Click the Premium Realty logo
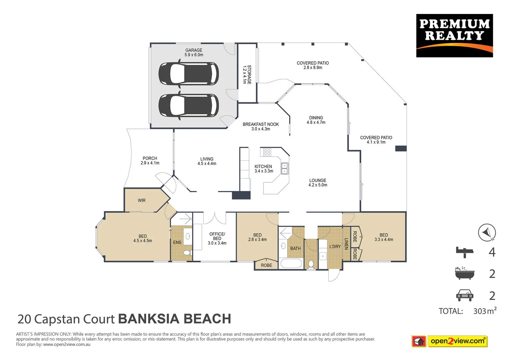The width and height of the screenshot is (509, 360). pyautogui.click(x=454, y=35)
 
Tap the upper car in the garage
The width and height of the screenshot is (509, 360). pyautogui.click(x=189, y=74)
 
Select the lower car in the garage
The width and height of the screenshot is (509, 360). pyautogui.click(x=189, y=105)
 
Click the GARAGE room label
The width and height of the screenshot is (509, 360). pyautogui.click(x=194, y=50)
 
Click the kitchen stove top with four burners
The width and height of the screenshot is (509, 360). pyautogui.click(x=267, y=152)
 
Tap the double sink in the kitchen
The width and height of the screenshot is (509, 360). pyautogui.click(x=284, y=169)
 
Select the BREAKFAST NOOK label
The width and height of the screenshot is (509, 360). pyautogui.click(x=260, y=124)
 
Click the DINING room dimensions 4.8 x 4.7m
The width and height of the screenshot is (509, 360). pyautogui.click(x=316, y=122)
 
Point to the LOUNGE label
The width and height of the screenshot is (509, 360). pyautogui.click(x=317, y=180)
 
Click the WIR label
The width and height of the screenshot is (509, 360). pyautogui.click(x=142, y=200)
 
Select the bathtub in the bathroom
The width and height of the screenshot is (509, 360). pyautogui.click(x=291, y=263)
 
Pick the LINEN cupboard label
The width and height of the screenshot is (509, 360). pyautogui.click(x=346, y=244)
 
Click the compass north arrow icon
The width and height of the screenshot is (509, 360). pyautogui.click(x=487, y=232)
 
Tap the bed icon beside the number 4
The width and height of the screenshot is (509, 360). pyautogui.click(x=464, y=252)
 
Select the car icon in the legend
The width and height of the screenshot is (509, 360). pyautogui.click(x=464, y=295)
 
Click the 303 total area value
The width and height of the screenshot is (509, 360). pyautogui.click(x=480, y=311)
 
